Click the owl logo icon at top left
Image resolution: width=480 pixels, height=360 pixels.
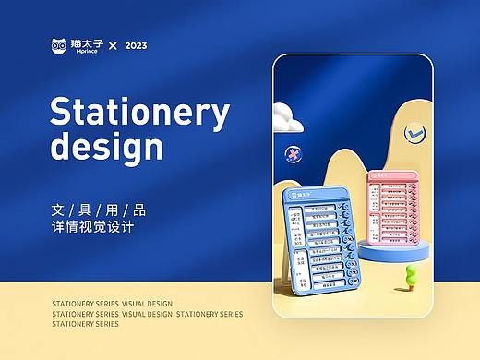click(61, 46)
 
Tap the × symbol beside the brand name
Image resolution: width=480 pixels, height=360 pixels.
click(114, 46)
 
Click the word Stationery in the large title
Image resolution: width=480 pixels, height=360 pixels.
click(138, 113)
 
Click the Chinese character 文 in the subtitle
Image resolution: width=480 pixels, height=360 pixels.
click(58, 210)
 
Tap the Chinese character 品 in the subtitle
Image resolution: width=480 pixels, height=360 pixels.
click(138, 210)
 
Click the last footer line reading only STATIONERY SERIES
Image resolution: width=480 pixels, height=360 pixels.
click(85, 325)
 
